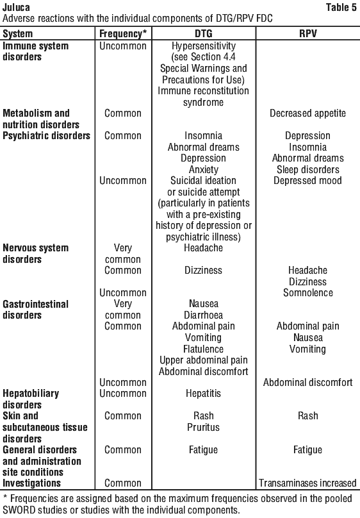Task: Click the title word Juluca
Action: click(16, 7)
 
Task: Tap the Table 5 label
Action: click(341, 7)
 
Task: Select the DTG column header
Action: click(204, 33)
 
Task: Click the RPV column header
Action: click(308, 33)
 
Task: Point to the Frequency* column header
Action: click(123, 34)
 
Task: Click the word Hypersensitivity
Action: click(204, 46)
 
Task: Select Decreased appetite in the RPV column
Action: click(308, 113)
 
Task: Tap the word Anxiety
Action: click(204, 169)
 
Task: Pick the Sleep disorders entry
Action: click(308, 169)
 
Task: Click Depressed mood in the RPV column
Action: click(308, 181)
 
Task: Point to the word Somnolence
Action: click(308, 293)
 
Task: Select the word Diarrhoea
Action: click(204, 315)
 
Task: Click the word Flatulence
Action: click(204, 349)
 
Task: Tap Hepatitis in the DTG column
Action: click(204, 394)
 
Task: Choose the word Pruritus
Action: click(204, 427)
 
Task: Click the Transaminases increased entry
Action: click(308, 483)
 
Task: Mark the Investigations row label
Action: click(31, 483)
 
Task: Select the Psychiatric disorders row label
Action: click(46, 136)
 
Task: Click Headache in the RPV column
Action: click(308, 271)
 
